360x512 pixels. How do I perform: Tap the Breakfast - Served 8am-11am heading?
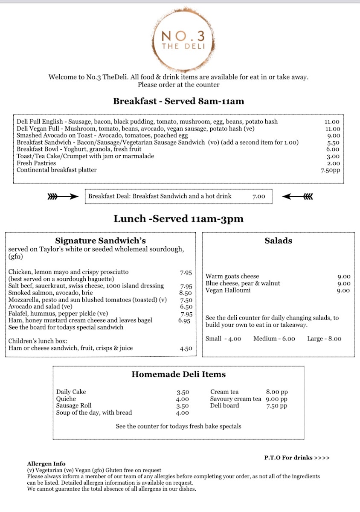coord(178,101)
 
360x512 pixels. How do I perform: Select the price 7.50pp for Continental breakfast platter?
coord(331,170)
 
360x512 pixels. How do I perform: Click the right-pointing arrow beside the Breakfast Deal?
coord(63,197)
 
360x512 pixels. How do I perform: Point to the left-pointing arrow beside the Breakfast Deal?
coord(298,197)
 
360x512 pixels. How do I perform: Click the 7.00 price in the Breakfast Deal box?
coord(258,197)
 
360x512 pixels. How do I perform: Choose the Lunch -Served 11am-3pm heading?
coord(178,219)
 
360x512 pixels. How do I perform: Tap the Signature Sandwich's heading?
coord(100,241)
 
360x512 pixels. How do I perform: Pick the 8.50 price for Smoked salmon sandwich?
coord(186,293)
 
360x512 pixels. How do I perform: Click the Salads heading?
coord(279,241)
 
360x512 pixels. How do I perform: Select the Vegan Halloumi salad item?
coord(228,291)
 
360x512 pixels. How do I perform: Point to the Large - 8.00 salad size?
coord(324,339)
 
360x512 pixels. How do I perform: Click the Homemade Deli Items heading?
coord(178,374)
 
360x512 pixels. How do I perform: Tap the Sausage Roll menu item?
coord(74,406)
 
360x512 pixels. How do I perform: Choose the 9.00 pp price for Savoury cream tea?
coord(276,399)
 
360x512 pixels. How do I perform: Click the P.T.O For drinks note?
coord(297,458)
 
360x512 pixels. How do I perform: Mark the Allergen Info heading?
coord(46,464)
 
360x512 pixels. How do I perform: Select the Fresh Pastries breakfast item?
coord(36,163)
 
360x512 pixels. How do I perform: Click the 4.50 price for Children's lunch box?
coord(186,349)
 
